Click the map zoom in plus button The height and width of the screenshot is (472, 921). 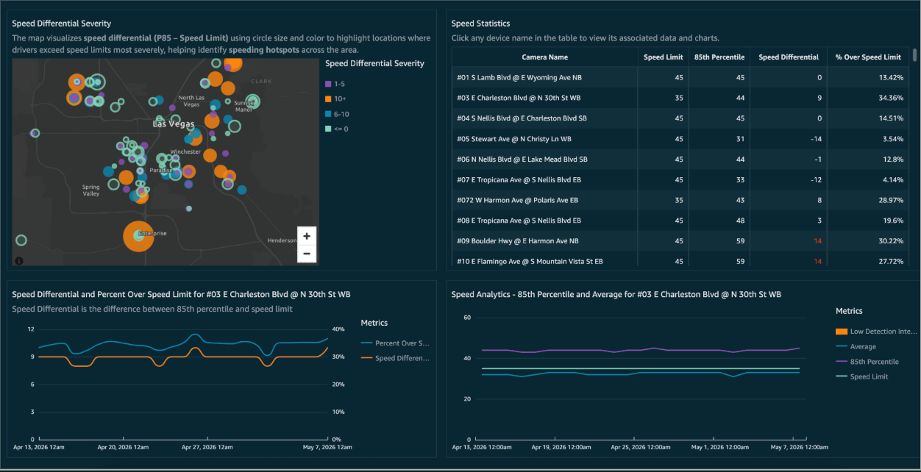tap(307, 236)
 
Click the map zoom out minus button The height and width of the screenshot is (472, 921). tap(307, 254)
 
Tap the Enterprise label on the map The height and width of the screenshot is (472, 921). tap(152, 233)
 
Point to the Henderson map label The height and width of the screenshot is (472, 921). tap(282, 240)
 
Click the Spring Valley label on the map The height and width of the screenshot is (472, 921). tap(91, 190)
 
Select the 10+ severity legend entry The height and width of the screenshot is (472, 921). tap(335, 99)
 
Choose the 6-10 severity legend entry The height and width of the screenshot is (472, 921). tap(337, 114)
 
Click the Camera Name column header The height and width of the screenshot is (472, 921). tap(545, 57)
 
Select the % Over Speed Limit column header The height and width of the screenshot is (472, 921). tap(868, 57)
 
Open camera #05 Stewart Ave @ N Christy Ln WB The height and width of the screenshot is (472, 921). tap(514, 139)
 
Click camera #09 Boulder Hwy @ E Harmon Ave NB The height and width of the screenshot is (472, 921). tap(518, 241)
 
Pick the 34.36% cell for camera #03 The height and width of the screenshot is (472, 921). tap(891, 99)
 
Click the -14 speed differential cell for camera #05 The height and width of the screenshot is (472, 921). tap(816, 139)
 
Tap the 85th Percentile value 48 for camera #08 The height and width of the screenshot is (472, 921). tap(740, 221)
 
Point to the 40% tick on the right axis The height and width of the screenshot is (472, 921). tap(338, 329)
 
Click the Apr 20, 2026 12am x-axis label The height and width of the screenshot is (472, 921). tap(123, 447)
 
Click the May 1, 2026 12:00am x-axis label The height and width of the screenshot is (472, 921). tap(720, 447)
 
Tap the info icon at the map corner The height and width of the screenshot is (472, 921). tap(19, 260)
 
